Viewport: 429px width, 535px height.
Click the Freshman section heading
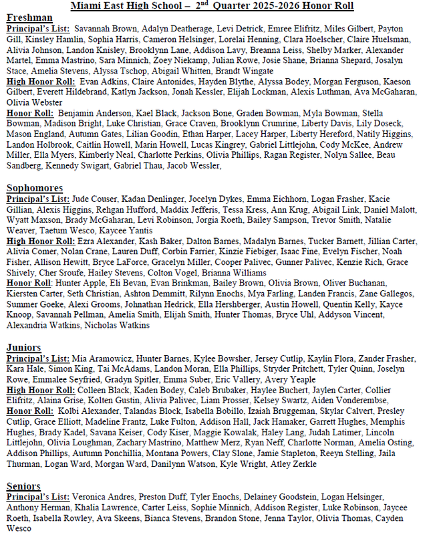point(30,19)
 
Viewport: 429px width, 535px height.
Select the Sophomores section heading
point(35,188)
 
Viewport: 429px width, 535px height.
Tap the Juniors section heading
point(24,347)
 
